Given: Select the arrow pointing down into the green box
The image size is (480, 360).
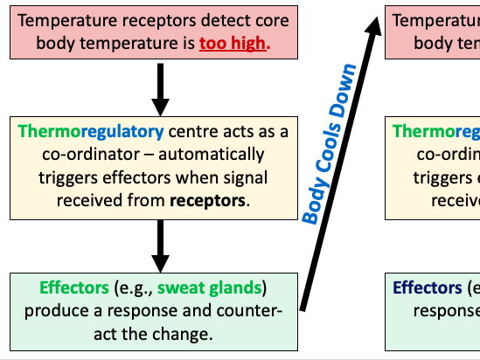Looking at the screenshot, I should (x=159, y=246).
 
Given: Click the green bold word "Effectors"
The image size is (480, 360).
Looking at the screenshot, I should (x=74, y=287).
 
